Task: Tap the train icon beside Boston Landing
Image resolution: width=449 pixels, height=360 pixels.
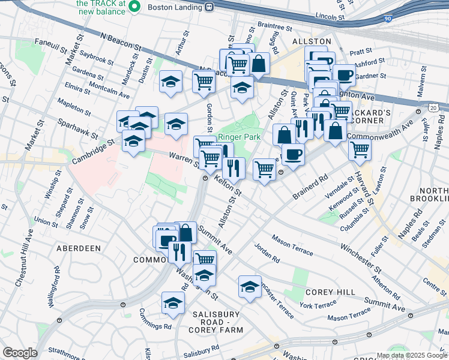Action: coord(209,7)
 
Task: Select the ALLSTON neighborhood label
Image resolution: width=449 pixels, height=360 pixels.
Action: coord(307,41)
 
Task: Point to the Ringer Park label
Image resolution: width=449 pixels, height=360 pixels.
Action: coord(239,137)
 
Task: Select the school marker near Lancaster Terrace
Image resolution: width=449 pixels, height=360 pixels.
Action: coord(250,286)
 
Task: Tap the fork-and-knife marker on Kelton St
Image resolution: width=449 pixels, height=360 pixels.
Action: coord(234,167)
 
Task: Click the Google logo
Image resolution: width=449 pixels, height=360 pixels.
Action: coord(20,353)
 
